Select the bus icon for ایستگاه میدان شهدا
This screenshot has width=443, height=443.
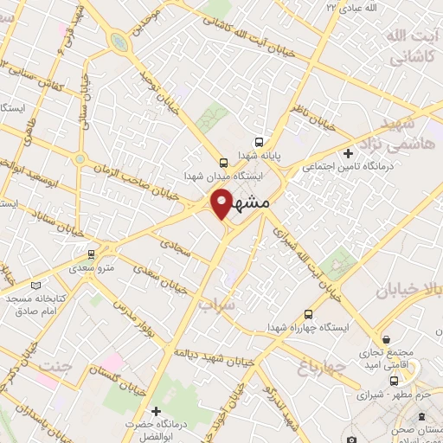click(x=223, y=162)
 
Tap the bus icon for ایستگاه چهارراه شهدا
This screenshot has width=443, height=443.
click(x=308, y=316)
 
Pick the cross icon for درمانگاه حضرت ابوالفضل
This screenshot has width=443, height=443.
click(x=156, y=410)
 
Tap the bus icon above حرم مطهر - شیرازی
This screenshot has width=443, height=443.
click(x=395, y=381)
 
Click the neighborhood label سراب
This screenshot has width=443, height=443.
click(x=215, y=305)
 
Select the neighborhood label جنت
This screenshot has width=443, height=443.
click(x=54, y=367)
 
